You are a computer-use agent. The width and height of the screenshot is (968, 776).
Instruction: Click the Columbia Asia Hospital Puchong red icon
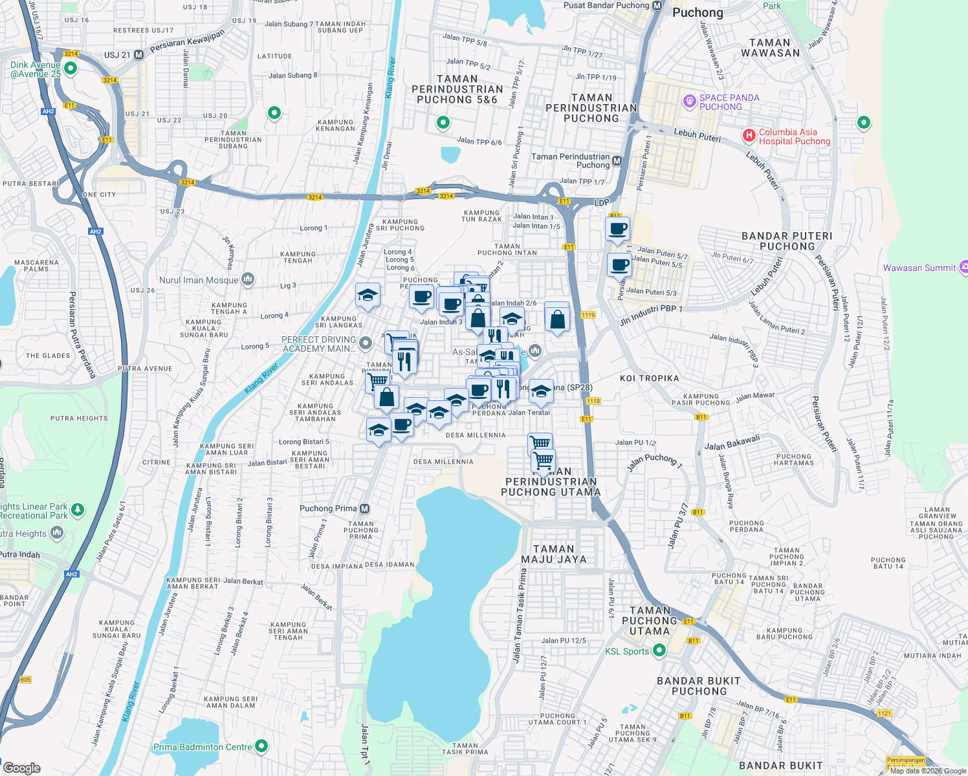click(x=749, y=136)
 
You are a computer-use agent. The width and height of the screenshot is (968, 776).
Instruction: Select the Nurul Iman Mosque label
click(x=199, y=280)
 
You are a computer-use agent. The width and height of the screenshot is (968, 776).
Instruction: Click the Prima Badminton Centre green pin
click(x=261, y=746)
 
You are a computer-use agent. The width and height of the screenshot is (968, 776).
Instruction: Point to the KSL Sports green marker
click(x=659, y=651)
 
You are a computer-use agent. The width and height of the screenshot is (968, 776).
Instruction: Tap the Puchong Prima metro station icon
click(x=365, y=508)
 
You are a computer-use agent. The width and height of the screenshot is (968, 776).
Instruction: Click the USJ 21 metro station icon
click(x=138, y=55)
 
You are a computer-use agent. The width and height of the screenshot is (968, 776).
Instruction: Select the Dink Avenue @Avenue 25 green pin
click(x=71, y=68)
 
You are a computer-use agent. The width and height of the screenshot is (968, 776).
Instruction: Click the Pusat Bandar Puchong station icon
click(x=657, y=6)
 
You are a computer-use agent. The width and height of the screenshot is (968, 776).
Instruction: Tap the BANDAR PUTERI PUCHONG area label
click(x=787, y=241)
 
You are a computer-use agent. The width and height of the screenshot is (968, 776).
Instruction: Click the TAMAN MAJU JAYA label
click(x=553, y=554)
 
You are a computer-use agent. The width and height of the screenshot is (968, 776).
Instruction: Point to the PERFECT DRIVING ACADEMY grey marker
click(x=366, y=343)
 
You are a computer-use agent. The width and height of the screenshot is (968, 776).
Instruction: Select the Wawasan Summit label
click(x=919, y=268)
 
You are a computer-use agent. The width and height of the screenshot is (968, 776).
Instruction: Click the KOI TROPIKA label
click(x=649, y=378)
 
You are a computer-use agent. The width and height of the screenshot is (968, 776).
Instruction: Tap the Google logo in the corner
click(x=22, y=768)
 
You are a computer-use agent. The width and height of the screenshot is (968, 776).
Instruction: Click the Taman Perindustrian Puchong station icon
click(x=617, y=161)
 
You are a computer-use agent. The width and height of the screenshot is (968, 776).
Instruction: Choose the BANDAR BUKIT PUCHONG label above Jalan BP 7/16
click(x=699, y=686)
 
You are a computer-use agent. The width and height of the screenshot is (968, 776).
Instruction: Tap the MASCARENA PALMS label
click(x=36, y=266)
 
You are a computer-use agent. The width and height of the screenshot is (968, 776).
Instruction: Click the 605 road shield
click(x=25, y=680)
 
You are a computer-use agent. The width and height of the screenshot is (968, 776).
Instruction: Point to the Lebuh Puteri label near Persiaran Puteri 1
click(x=697, y=135)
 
